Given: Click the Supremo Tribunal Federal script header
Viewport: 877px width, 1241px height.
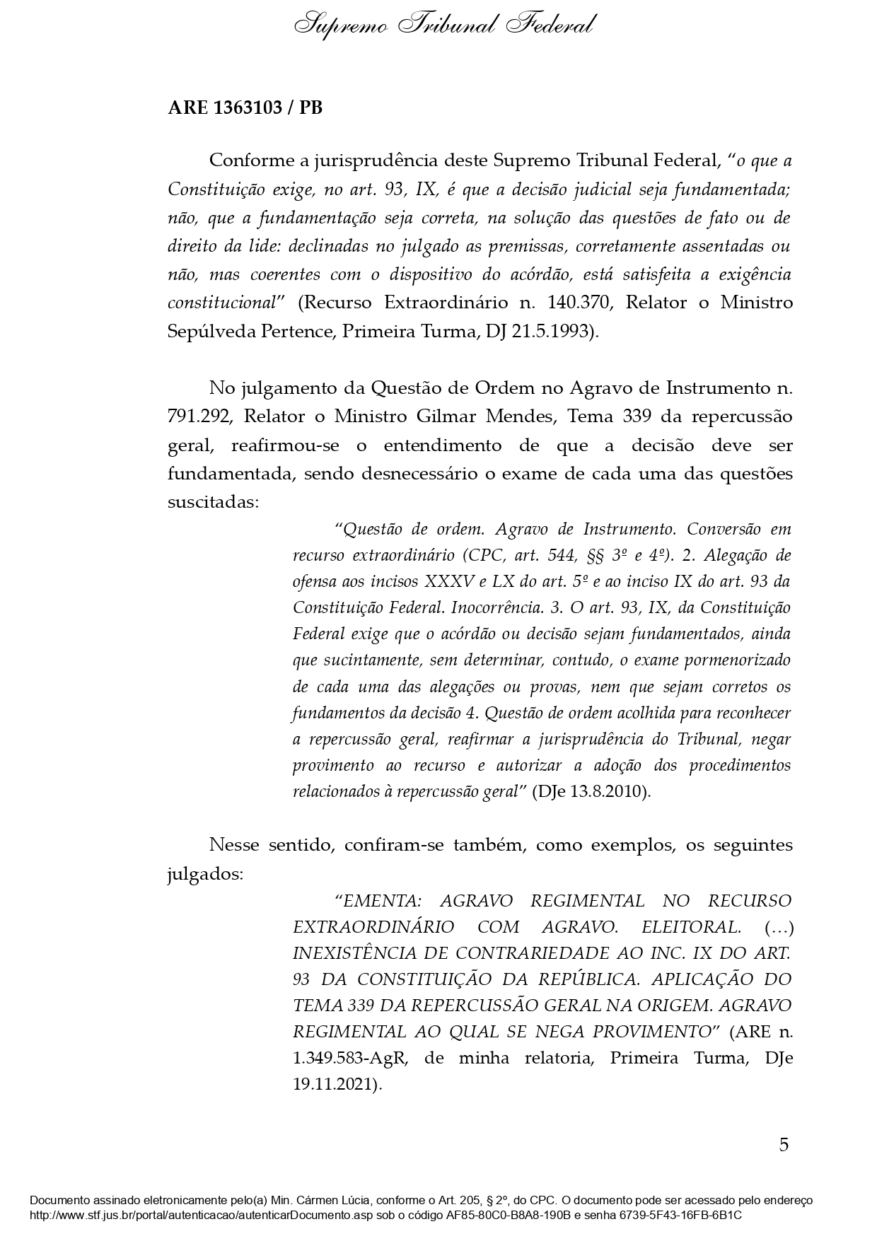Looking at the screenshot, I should pos(444,25).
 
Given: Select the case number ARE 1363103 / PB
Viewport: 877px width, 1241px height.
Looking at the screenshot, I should pos(245,108).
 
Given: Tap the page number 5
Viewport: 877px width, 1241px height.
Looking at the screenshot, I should pos(784,1145).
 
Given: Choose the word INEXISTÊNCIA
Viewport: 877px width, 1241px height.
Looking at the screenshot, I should pos(354,953).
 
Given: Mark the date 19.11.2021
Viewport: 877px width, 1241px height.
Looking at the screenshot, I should pos(336,1084).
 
